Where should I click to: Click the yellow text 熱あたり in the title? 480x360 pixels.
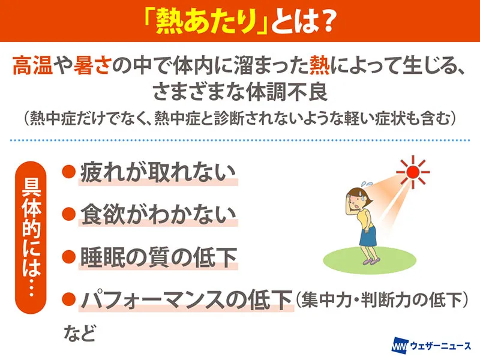pyautogui.click(x=206, y=22)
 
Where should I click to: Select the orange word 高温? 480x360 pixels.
pyautogui.click(x=32, y=65)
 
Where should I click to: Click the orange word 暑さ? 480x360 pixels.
pyautogui.click(x=91, y=65)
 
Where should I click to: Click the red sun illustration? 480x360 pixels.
pyautogui.click(x=413, y=172)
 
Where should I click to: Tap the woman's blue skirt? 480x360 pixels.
pyautogui.click(x=368, y=236)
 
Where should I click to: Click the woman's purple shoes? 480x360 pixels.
pyautogui.click(x=371, y=261)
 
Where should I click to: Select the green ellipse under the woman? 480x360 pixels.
pyautogui.click(x=370, y=260)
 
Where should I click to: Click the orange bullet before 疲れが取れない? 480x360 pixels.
pyautogui.click(x=69, y=172)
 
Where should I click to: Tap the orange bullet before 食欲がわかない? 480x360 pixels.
pyautogui.click(x=69, y=214)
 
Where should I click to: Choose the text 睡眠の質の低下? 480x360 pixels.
pyautogui.click(x=158, y=257)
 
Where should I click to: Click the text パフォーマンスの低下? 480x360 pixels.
pyautogui.click(x=187, y=299)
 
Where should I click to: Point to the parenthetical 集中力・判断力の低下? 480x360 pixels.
pyautogui.click(x=382, y=299)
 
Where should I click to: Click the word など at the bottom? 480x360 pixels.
pyautogui.click(x=80, y=333)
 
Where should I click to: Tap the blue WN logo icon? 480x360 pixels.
pyautogui.click(x=400, y=346)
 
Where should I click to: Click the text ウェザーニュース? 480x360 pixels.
pyautogui.click(x=440, y=346)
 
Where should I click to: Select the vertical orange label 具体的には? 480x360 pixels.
pyautogui.click(x=31, y=238)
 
